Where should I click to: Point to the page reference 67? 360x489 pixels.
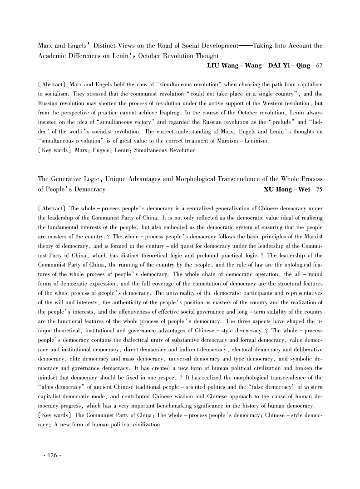click(319, 66)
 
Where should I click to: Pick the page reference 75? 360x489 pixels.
click(319, 189)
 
